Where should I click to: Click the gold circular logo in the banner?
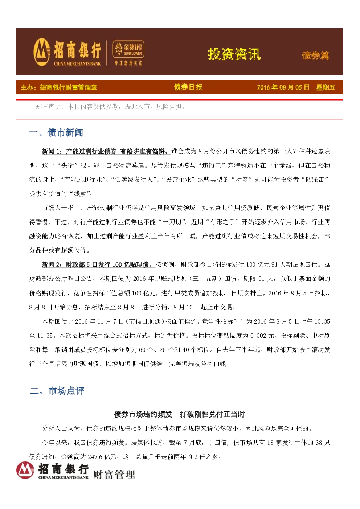42,52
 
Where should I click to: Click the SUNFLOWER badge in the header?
128,49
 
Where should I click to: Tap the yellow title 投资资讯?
234,54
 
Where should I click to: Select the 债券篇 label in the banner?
315,56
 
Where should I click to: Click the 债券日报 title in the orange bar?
188,87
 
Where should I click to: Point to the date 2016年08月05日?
283,87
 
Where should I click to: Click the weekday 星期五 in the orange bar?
326,87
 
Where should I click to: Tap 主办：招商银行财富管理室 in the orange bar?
59,87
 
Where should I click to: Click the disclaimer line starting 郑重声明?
110,107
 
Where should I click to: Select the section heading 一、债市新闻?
56,132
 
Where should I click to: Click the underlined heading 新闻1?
106,151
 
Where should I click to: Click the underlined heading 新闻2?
98,264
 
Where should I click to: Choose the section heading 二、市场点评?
57,391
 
